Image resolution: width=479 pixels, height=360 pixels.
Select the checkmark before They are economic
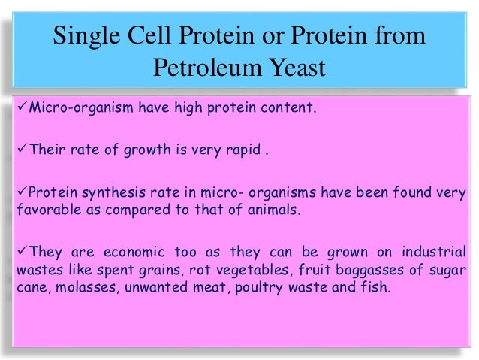(x=21, y=251)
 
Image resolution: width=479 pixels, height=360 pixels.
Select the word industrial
(x=432, y=252)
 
